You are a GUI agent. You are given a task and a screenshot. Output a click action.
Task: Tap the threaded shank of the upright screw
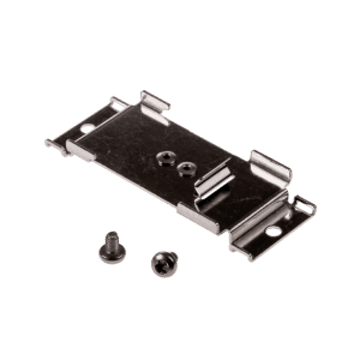coord(112,237)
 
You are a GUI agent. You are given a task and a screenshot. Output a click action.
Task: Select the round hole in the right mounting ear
coord(274,232)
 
